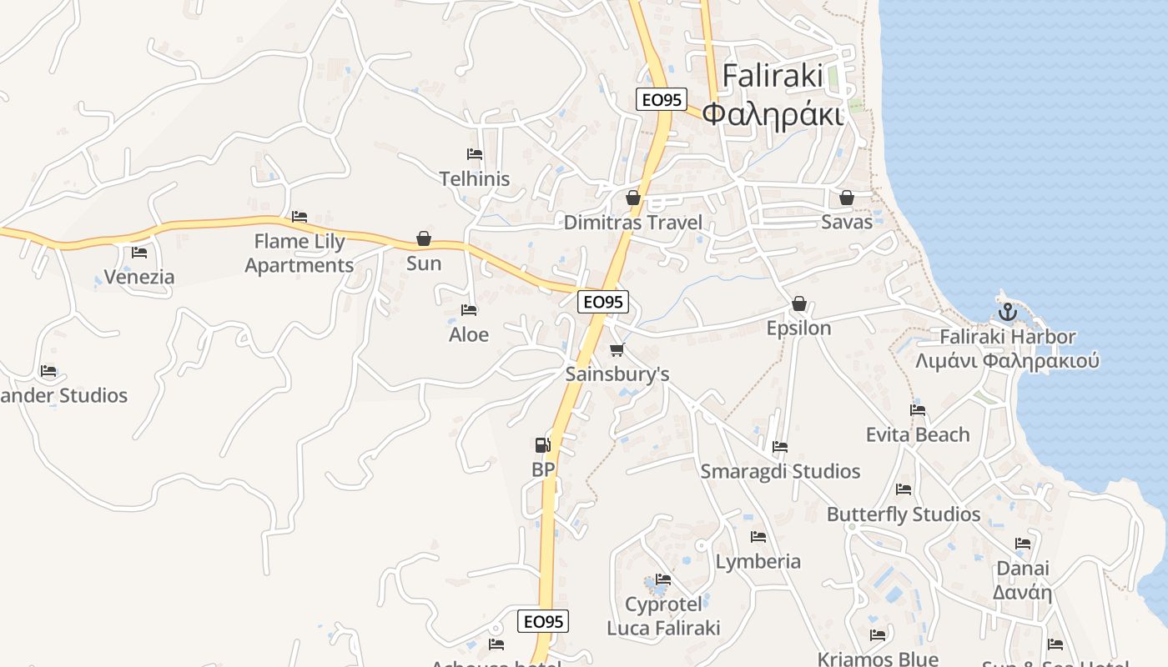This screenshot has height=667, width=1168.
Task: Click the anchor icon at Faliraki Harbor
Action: point(1008,313)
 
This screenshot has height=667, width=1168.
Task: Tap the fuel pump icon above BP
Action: point(542,445)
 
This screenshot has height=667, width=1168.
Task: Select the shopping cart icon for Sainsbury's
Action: point(617,349)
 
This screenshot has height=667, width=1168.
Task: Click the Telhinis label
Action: point(475,178)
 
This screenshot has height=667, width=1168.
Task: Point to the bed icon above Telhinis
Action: point(475,154)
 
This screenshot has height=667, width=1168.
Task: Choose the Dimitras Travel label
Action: point(633,223)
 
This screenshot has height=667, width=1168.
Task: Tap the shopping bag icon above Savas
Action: point(847,198)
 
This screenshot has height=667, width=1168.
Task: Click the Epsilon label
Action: point(799,328)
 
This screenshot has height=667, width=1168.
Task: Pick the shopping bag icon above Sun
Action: point(424,239)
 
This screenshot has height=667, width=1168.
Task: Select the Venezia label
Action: point(139,277)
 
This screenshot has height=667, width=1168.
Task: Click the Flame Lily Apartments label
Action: point(300,253)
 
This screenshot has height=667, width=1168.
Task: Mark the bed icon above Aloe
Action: point(469,310)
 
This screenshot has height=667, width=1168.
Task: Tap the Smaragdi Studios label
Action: point(780,471)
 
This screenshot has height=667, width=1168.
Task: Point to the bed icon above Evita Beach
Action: point(918,410)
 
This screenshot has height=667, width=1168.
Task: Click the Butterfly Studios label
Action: point(904,514)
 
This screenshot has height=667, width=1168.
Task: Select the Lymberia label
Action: point(758,561)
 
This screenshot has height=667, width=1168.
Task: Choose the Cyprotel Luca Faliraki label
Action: point(663,615)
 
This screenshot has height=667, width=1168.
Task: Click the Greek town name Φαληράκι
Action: point(773,113)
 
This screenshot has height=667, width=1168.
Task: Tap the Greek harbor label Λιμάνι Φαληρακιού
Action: point(1007,361)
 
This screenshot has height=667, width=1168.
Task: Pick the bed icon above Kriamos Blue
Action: point(877,635)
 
